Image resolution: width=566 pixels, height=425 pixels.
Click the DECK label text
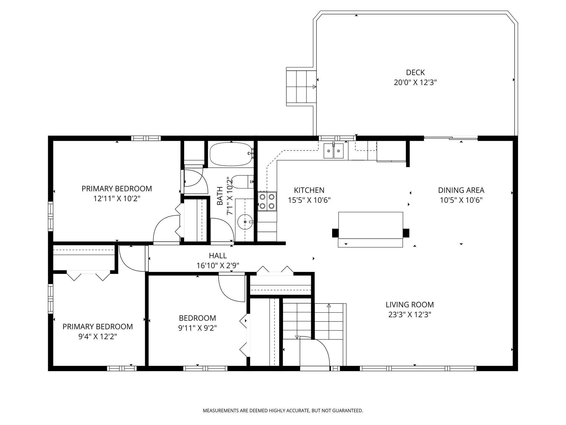click(x=415, y=72)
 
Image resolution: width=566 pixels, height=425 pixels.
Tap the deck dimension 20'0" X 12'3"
click(x=415, y=82)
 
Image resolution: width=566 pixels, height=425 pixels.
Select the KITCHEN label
click(x=309, y=190)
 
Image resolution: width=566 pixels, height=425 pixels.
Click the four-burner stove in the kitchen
click(x=267, y=201)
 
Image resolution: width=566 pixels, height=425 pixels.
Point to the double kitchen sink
click(x=334, y=151)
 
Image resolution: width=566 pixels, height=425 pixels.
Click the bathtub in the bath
click(x=231, y=154)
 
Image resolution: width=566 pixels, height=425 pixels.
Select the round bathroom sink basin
click(x=245, y=222)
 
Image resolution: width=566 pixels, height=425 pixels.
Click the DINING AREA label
click(x=461, y=190)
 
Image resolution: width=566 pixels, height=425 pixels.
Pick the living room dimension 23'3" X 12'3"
click(x=410, y=315)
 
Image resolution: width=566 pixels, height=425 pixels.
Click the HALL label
click(x=218, y=255)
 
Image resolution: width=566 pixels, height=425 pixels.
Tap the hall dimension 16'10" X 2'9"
click(x=218, y=266)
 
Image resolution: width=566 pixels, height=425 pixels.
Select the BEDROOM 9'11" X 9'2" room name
click(x=197, y=318)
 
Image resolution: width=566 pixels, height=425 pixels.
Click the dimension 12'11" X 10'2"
click(x=117, y=199)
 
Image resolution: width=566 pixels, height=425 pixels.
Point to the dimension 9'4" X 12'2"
click(x=98, y=336)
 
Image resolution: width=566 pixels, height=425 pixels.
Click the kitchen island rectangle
click(x=370, y=225)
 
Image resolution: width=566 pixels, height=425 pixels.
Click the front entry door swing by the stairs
click(x=315, y=351)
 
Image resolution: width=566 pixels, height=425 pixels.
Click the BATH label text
click(x=220, y=192)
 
